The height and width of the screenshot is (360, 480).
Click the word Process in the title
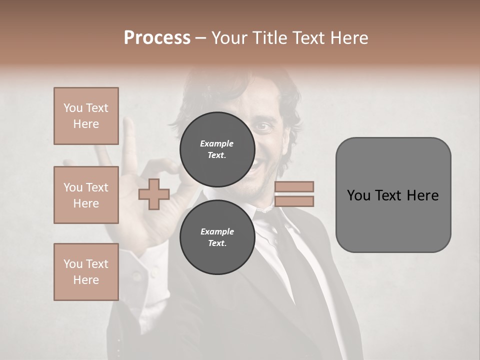tap(157, 38)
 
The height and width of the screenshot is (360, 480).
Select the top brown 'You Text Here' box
tap(86, 116)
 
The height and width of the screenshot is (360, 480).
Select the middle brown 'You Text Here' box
tap(86, 195)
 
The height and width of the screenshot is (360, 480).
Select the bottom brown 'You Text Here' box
tap(86, 272)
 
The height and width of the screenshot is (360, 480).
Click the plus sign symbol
tap(154, 194)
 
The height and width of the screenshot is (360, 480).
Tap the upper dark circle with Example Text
tap(217, 149)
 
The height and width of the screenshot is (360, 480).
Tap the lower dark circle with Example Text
tap(217, 237)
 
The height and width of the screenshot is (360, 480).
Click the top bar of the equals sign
tap(294, 186)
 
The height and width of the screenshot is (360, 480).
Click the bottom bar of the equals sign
tap(294, 201)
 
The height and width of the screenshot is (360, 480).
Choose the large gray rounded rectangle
tap(393, 195)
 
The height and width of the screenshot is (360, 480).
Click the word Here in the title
tap(348, 38)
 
